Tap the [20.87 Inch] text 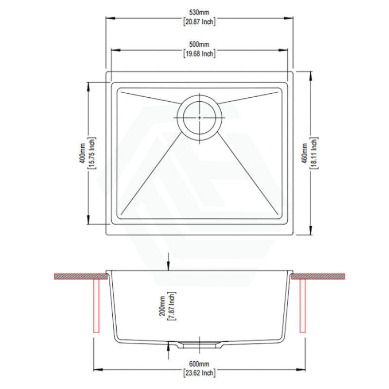200,22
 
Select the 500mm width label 200,44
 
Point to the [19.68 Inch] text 200,53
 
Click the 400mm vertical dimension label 83,153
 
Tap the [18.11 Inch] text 315,153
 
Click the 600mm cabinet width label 200,364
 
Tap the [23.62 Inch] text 200,373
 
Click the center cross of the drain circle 200,117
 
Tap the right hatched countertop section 318,276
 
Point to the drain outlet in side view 200,345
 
